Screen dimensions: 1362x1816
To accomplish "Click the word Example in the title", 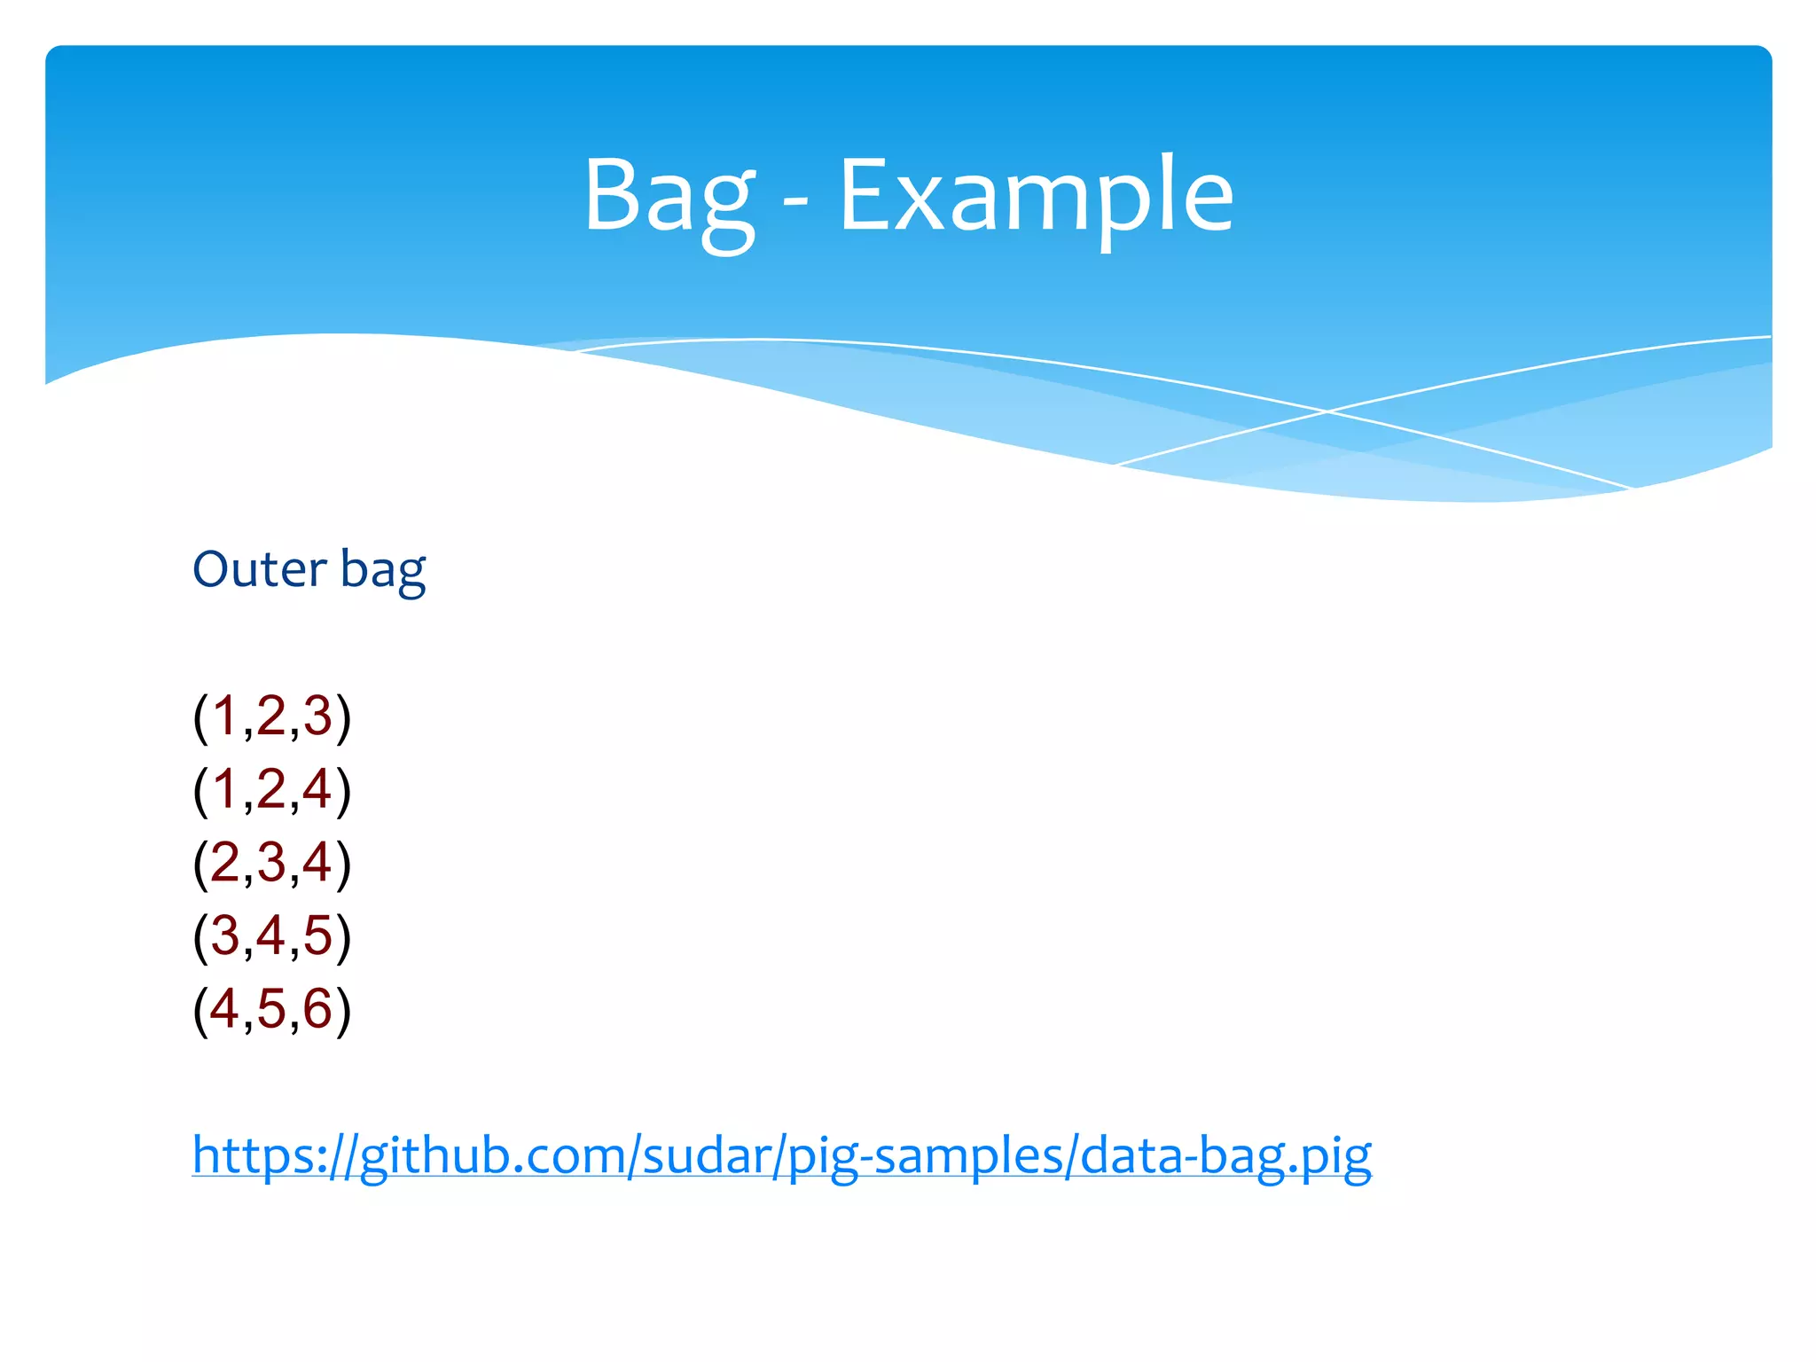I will [1036, 197].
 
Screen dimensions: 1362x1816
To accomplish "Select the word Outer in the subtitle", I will [259, 569].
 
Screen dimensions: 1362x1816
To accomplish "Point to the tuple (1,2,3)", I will [271, 716].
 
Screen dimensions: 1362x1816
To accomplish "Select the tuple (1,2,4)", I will [271, 789].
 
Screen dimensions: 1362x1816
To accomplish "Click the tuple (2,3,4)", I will [271, 863].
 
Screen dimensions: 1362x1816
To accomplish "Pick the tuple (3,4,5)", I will [271, 936].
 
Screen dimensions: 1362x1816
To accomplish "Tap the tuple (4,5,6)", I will [271, 1009].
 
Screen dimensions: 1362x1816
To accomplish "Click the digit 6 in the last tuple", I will [317, 1009].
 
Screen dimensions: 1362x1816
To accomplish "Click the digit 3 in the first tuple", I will [317, 716].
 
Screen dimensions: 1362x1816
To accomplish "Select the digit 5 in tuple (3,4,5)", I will [317, 936].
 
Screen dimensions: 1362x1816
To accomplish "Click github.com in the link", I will [492, 1156].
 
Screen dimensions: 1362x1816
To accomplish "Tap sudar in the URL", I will [706, 1156].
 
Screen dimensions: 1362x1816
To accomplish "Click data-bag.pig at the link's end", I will [1225, 1156].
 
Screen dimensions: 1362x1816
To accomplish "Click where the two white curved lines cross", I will [1327, 411].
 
